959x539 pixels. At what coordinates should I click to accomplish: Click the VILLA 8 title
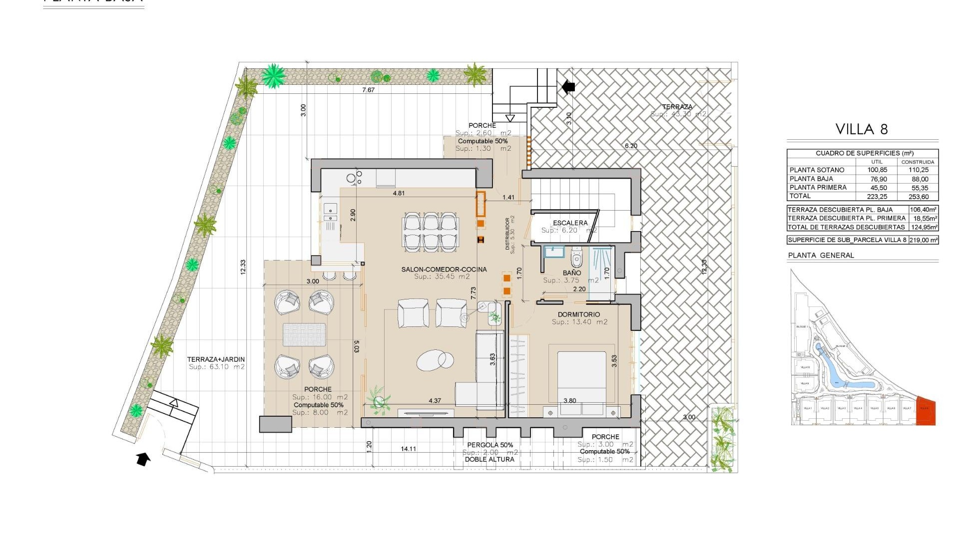[862, 129]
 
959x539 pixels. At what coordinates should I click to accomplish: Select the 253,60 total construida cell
[918, 197]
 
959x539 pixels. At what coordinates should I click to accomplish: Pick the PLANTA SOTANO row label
[817, 170]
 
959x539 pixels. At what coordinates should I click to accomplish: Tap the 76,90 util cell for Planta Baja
[877, 179]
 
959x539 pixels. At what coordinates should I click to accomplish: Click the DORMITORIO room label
[579, 315]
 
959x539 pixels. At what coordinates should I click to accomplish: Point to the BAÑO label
[571, 273]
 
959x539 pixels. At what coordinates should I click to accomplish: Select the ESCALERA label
[570, 223]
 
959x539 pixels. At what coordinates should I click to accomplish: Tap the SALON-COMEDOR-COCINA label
[444, 269]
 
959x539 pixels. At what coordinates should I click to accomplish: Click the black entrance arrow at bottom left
[143, 458]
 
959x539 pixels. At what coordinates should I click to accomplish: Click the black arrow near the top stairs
[568, 87]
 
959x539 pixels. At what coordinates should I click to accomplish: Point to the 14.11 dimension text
[408, 449]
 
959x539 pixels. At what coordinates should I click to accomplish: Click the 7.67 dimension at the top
[368, 90]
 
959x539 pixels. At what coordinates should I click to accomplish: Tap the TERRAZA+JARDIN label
[216, 359]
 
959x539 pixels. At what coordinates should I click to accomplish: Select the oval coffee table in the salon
[435, 360]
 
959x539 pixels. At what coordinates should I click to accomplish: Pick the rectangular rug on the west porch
[304, 334]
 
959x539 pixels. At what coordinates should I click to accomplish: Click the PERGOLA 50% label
[489, 445]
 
